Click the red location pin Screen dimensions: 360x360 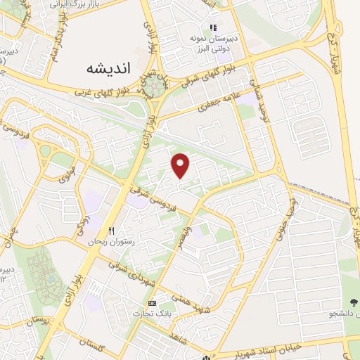181,165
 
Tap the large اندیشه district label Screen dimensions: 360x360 108,69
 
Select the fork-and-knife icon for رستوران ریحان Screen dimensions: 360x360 110,231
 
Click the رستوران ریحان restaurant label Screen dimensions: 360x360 109,241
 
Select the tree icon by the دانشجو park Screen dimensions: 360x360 352,303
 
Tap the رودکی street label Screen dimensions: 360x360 80,225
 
